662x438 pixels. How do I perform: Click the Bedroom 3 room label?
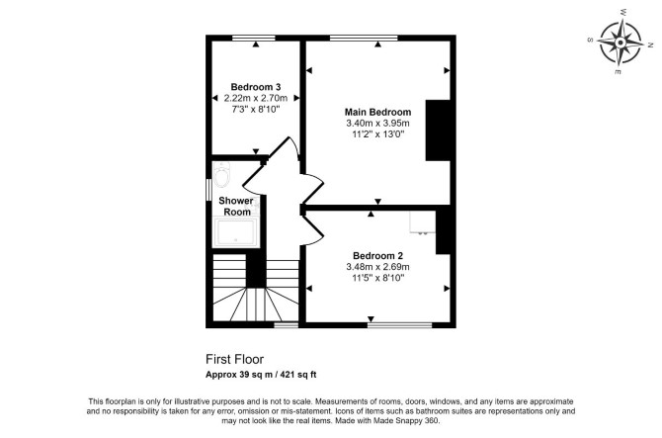click(256, 87)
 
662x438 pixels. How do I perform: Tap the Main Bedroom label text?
click(377, 112)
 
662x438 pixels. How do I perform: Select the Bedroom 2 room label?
click(377, 255)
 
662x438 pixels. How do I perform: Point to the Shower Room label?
click(236, 206)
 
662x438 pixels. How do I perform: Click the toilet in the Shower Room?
click(221, 175)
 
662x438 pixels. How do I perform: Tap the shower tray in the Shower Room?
click(235, 232)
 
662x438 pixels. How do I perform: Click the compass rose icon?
click(621, 43)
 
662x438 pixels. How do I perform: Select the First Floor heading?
click(235, 359)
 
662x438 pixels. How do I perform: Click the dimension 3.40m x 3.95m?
click(377, 124)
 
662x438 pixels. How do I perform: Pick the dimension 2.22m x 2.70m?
click(256, 98)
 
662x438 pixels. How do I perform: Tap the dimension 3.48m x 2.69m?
click(377, 267)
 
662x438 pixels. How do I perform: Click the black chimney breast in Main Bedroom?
click(438, 131)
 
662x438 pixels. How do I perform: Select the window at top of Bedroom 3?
click(253, 39)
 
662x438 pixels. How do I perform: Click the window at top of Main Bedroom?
click(364, 39)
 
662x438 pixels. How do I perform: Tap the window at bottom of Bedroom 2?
click(399, 325)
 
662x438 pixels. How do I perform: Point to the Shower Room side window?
click(208, 190)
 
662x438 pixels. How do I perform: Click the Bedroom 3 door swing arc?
click(295, 148)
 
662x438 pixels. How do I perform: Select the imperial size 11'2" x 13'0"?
click(377, 134)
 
